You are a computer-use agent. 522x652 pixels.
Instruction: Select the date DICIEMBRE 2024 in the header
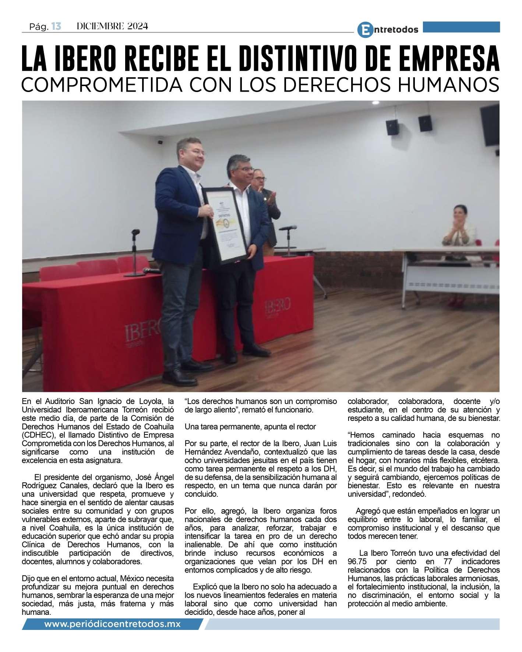coord(112,26)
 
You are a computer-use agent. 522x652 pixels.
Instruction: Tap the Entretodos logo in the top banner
coord(388,29)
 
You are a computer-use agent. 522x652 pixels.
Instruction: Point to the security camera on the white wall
coord(160,142)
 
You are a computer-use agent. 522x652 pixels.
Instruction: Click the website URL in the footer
coord(112,625)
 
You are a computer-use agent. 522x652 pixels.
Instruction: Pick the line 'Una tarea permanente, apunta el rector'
coord(250,427)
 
